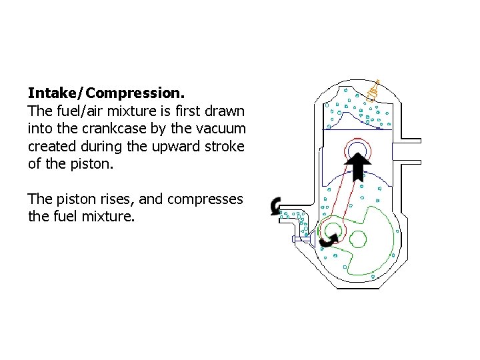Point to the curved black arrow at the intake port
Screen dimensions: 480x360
(275, 206)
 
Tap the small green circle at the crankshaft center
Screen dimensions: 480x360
(359, 238)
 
